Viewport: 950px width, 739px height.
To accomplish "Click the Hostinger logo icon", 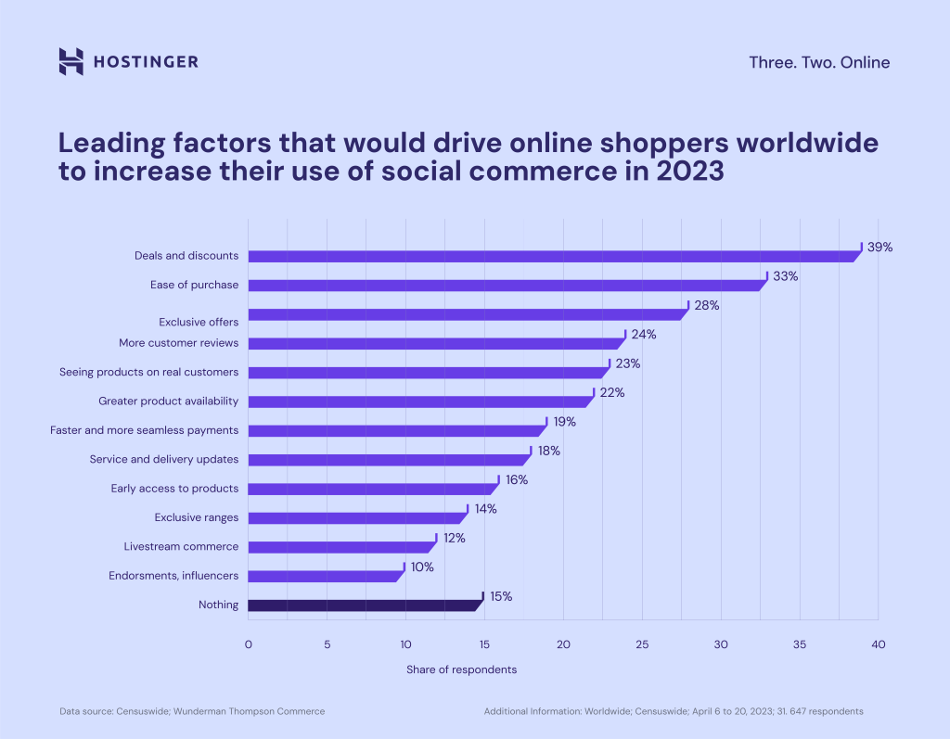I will coord(71,61).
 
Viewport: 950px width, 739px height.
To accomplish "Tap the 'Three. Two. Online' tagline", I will coord(819,63).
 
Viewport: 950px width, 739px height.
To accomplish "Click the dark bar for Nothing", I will coord(364,605).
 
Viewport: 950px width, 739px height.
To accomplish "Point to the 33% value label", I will coord(786,276).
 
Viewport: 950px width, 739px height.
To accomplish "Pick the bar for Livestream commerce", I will coord(340,547).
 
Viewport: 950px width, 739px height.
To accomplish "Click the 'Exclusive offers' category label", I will coord(198,322).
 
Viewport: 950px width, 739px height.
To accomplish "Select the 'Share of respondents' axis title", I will coord(461,669).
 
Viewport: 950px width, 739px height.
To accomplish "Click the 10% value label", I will coord(422,567).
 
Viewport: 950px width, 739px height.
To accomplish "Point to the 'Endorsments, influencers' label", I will coord(173,576).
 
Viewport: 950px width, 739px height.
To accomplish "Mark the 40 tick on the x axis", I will coord(878,644).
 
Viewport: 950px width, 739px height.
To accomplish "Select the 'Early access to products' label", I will coord(174,488).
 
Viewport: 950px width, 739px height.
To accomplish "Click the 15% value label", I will coord(501,596).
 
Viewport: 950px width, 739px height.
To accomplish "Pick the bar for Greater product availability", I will coord(418,401).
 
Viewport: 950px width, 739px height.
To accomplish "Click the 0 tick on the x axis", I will coord(248,644).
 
